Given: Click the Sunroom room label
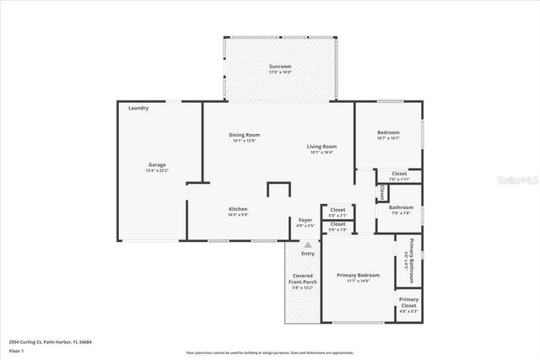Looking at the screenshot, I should tap(280, 66).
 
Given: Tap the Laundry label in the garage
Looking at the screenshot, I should tap(138, 109).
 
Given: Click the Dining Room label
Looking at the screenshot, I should tap(245, 135).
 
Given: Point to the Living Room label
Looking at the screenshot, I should tap(321, 147).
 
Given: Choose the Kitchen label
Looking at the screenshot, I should tap(237, 208).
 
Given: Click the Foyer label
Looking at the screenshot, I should tap(305, 220).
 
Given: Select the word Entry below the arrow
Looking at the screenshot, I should tap(308, 253).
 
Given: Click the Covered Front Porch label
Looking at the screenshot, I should tap(302, 279).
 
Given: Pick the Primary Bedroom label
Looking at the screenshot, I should tap(358, 275).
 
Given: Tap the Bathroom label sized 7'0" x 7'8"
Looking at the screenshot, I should tap(401, 207).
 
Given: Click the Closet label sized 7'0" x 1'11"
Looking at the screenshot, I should tap(399, 174).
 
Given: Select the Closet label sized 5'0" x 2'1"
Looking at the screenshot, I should tap(337, 209).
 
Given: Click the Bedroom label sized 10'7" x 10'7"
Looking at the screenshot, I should tap(388, 132).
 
